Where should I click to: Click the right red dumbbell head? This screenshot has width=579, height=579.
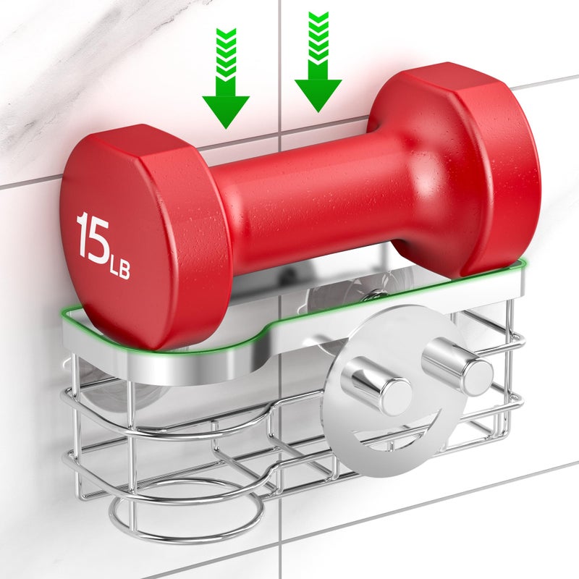[462, 170]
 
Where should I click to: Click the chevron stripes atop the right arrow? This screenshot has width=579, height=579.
[318, 37]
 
